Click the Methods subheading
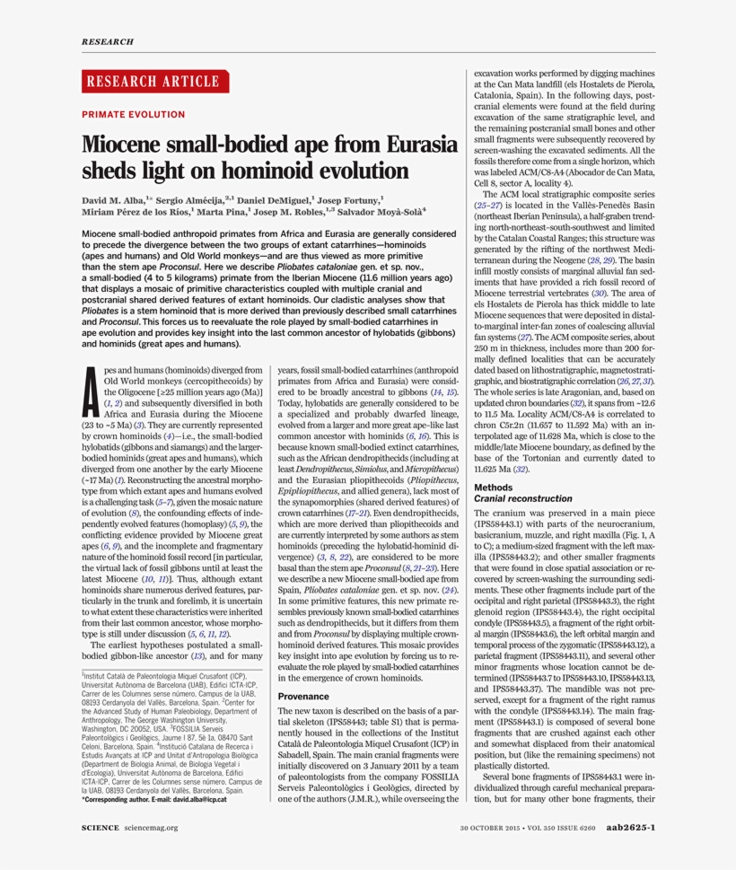click(493, 487)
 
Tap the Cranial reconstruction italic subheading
click(523, 497)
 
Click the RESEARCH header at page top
click(107, 41)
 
